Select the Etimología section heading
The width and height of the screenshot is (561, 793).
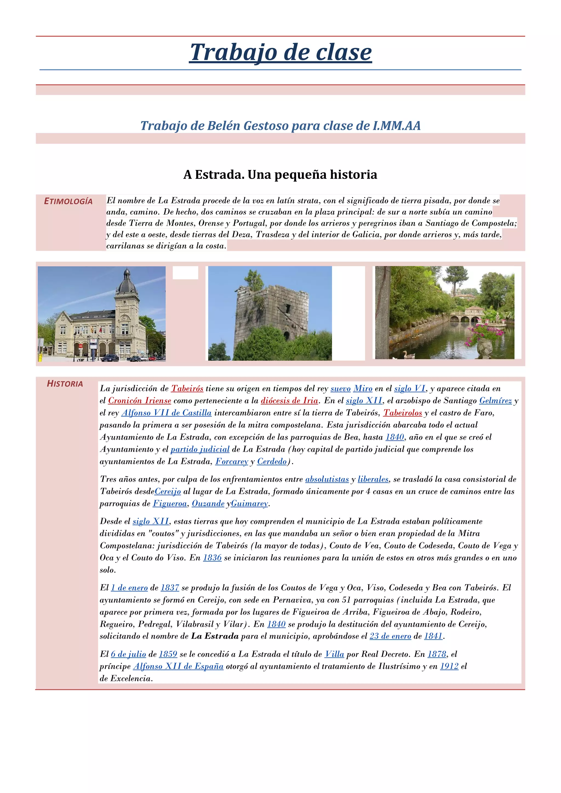(x=68, y=201)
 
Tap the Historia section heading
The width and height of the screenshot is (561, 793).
(x=65, y=384)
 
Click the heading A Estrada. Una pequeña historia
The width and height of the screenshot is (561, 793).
(x=280, y=174)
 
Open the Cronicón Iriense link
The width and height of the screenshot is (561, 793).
(x=139, y=401)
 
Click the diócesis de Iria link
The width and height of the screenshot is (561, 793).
(x=289, y=401)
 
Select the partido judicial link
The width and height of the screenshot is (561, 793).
(x=200, y=449)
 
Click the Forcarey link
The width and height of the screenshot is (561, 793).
(x=232, y=461)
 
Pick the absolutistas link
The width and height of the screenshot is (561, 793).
(x=327, y=479)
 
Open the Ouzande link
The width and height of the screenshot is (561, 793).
(x=208, y=504)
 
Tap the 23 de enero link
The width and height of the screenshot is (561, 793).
(x=390, y=636)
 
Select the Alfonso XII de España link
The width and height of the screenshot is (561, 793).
(x=178, y=666)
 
